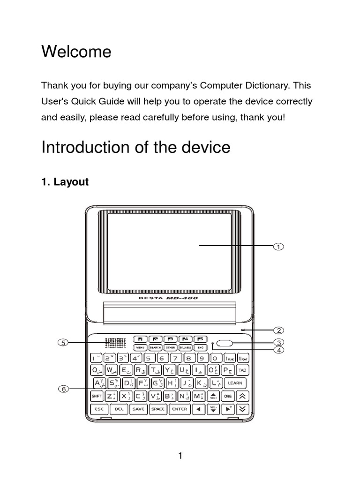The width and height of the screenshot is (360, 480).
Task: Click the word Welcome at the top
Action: (76, 52)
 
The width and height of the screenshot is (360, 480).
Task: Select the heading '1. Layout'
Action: (65, 182)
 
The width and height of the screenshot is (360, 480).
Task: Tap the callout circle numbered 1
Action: (278, 247)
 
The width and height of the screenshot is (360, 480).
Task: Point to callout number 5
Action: (62, 343)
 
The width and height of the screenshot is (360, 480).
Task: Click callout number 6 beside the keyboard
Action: (62, 389)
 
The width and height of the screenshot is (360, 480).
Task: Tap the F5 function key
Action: (200, 339)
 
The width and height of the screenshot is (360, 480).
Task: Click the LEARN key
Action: (234, 383)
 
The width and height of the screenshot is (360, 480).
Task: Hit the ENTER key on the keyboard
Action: (180, 409)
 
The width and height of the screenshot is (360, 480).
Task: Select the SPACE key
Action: (157, 409)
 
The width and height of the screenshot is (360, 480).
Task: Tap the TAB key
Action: (242, 370)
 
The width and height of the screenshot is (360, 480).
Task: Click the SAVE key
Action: (138, 409)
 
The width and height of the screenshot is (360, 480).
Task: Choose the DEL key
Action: (119, 409)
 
